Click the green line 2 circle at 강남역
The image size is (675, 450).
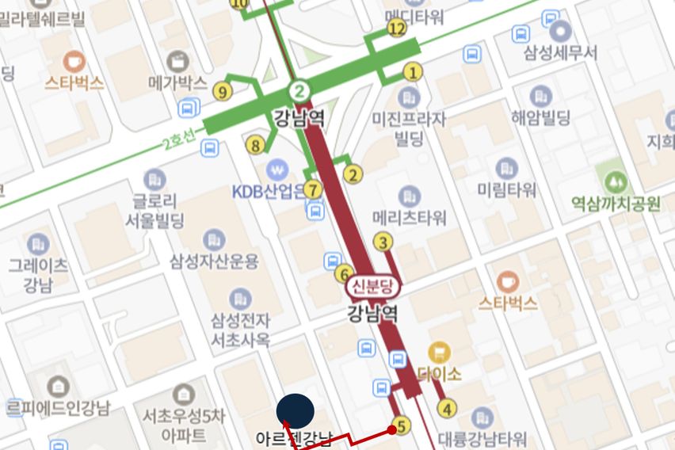click(299, 90)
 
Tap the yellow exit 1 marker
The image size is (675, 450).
click(412, 73)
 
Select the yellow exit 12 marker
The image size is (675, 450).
click(397, 29)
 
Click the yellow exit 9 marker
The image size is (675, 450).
click(222, 92)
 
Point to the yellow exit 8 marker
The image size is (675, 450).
click(255, 145)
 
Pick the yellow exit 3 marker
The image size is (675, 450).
click(383, 242)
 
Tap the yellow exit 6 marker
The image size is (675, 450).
click(343, 274)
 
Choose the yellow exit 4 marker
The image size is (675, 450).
click(448, 409)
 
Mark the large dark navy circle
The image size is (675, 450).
click(296, 411)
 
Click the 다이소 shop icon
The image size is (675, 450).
click(438, 352)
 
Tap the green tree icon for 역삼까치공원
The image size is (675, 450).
click(615, 182)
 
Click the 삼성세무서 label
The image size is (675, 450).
click(560, 52)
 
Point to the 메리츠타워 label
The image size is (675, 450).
click(409, 217)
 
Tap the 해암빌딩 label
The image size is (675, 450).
click(541, 118)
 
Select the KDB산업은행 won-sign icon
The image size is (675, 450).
click(276, 168)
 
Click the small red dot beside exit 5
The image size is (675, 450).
click(391, 429)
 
